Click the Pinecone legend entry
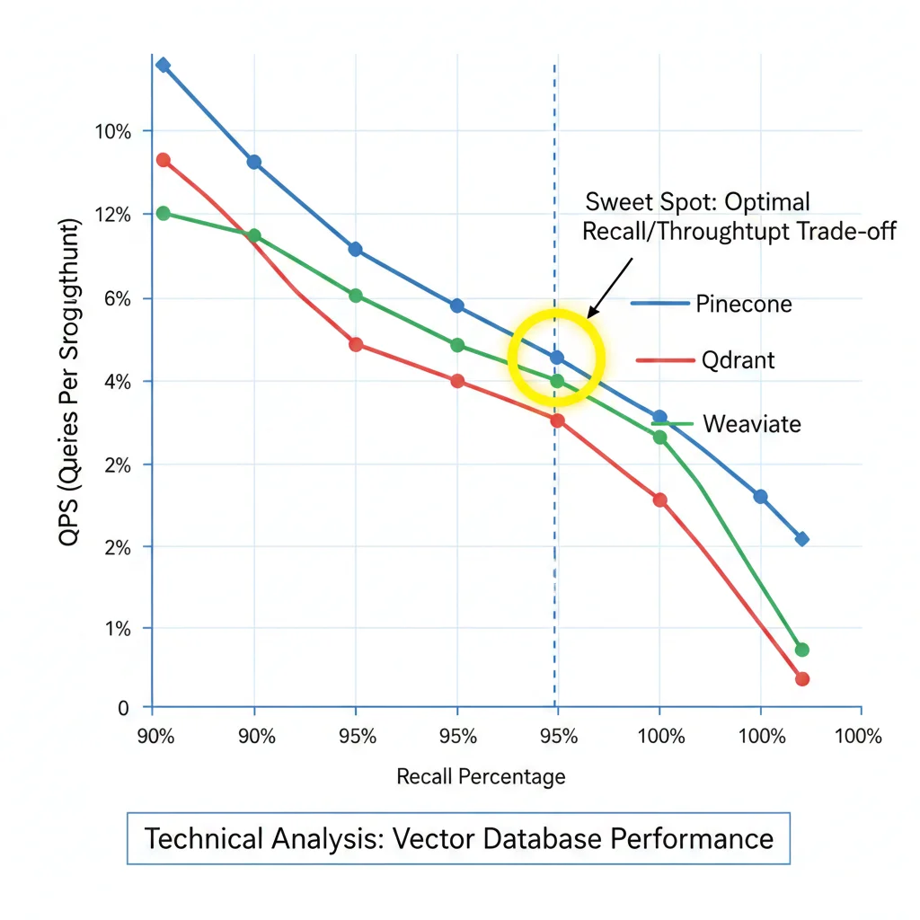click(x=743, y=304)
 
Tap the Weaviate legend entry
click(x=751, y=423)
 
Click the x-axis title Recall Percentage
click(x=481, y=776)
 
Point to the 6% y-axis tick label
click(x=116, y=298)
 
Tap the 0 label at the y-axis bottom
click(x=123, y=708)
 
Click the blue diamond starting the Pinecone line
click(x=163, y=65)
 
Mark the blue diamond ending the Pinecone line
click(x=801, y=539)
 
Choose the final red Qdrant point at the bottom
click(x=802, y=679)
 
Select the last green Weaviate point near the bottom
click(x=802, y=650)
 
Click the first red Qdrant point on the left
click(x=163, y=160)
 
